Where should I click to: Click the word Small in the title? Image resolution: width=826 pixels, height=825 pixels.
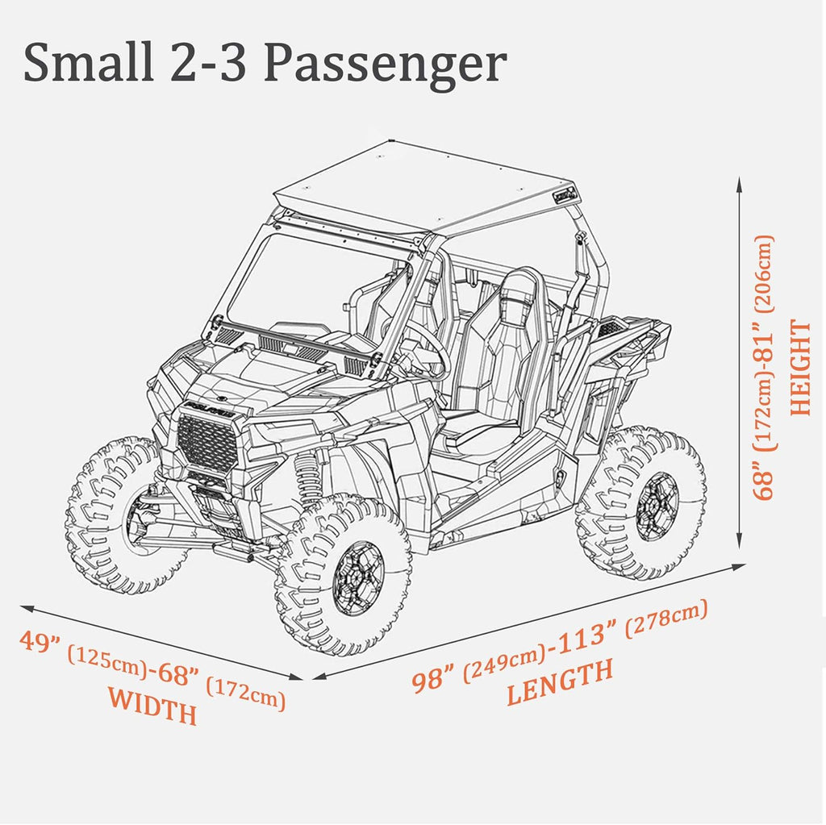(89, 63)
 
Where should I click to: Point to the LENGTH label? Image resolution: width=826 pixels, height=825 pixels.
(560, 682)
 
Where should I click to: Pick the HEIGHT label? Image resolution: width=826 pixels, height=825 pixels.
(801, 368)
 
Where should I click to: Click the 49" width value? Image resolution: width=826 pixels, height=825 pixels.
(40, 644)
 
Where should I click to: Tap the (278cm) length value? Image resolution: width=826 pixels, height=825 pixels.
(666, 619)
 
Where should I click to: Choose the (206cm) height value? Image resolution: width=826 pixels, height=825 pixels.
(765, 274)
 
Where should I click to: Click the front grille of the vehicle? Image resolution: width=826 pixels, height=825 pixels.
(209, 443)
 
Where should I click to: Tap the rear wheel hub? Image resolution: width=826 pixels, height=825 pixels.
(657, 506)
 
